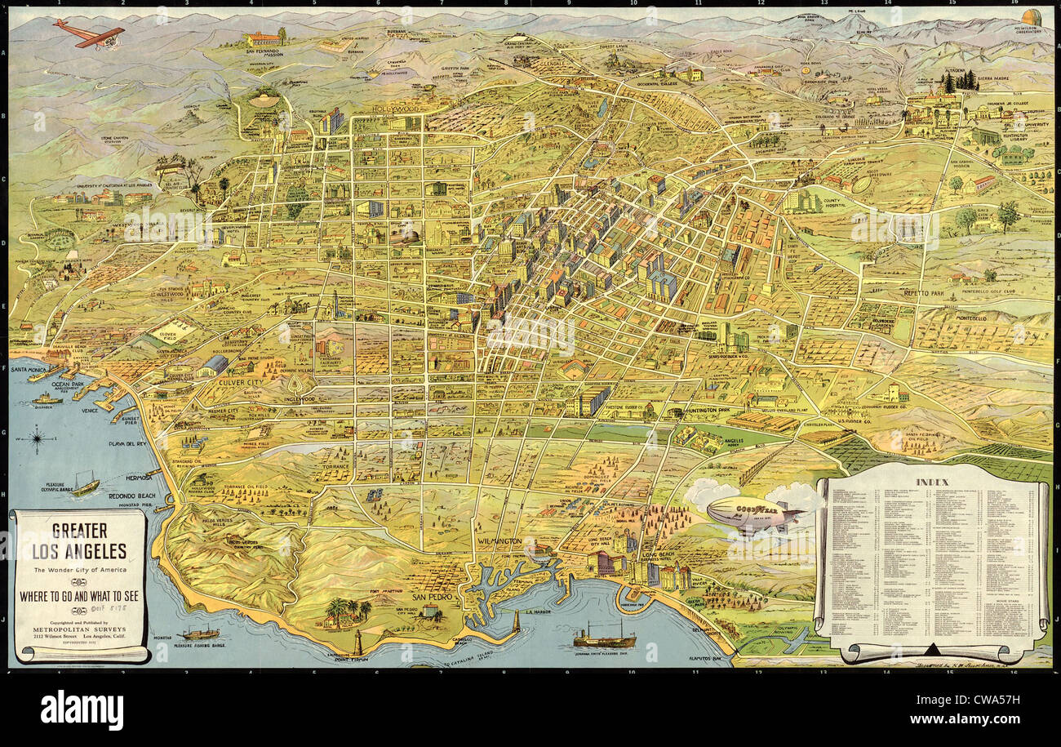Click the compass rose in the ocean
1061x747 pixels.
coord(38,442)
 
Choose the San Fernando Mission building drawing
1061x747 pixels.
coord(264,38)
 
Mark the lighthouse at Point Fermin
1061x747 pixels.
coord(357,641)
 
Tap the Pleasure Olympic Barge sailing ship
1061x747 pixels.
coord(85,485)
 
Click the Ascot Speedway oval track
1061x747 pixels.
coord(860,185)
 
